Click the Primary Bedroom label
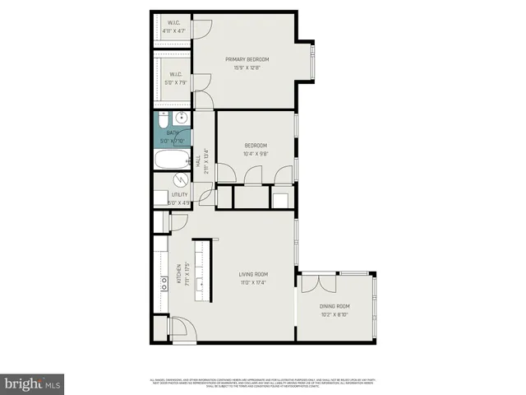pos(247,59)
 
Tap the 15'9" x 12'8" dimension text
pos(247,68)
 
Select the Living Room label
pos(254,274)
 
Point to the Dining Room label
pos(335,306)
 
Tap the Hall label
pos(198,161)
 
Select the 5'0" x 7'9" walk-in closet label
pos(174,82)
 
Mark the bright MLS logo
pos(32,383)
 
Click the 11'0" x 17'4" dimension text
pos(254,283)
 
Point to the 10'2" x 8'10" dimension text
pos(335,314)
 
